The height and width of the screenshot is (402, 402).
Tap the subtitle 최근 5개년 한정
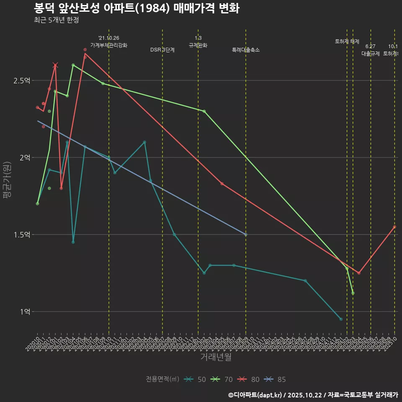click(x=56, y=20)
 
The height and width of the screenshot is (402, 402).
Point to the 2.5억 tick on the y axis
click(x=22, y=81)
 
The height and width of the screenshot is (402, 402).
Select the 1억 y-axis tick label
click(x=25, y=312)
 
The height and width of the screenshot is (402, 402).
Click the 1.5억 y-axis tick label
click(x=22, y=235)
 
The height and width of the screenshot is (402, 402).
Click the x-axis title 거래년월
click(x=216, y=357)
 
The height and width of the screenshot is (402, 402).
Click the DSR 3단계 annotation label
click(x=162, y=50)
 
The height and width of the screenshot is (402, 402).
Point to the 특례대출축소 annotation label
click(x=246, y=50)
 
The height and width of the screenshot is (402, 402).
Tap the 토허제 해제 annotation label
click(x=347, y=41)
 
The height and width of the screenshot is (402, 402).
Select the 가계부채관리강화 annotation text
click(x=109, y=45)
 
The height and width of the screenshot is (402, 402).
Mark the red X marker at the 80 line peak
click(x=55, y=65)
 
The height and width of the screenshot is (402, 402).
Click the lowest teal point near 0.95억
click(x=341, y=319)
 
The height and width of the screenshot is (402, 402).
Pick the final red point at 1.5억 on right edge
click(x=394, y=227)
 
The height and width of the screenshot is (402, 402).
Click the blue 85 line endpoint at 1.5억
click(x=246, y=234)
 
